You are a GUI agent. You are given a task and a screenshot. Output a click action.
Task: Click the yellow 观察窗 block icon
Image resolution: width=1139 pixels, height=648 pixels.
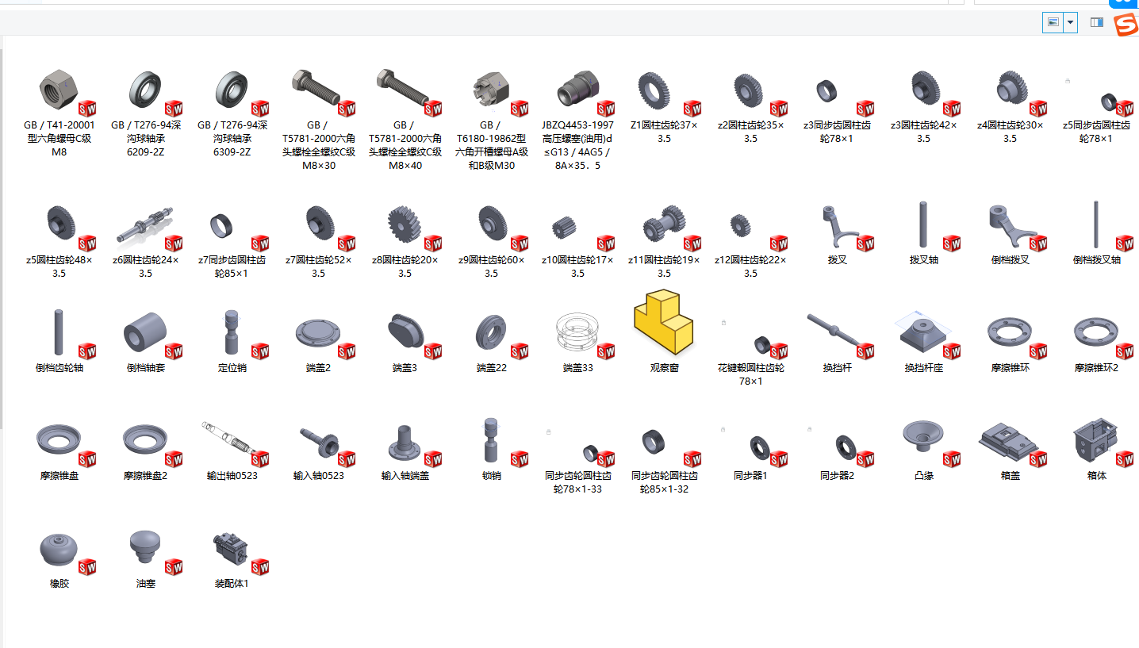664,324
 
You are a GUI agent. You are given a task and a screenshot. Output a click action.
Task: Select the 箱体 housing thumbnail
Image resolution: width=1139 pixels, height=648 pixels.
1095,439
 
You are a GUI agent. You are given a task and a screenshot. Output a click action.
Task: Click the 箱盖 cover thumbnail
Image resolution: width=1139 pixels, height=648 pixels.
1008,439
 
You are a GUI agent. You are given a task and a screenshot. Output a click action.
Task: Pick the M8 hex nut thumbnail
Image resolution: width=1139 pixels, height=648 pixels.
57,87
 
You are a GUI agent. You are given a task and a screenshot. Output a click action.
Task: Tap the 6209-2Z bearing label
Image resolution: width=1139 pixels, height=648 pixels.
145,138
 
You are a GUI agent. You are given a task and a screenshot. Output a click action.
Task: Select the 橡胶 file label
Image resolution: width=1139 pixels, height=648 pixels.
59,584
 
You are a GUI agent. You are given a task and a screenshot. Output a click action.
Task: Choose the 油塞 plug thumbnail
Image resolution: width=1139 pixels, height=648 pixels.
144,546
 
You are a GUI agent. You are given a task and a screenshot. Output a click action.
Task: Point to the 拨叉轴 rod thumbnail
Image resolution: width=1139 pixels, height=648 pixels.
923,224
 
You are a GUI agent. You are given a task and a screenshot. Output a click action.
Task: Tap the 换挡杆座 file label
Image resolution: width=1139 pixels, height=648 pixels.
923,368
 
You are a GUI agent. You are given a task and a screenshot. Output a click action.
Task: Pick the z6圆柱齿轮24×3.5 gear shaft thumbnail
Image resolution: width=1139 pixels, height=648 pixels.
144,224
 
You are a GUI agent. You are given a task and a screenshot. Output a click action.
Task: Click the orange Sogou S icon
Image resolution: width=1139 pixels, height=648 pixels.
1126,25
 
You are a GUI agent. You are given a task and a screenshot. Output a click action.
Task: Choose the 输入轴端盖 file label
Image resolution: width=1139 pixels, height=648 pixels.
405,476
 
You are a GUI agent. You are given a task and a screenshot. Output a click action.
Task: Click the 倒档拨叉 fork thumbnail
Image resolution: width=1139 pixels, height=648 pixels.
1008,224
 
